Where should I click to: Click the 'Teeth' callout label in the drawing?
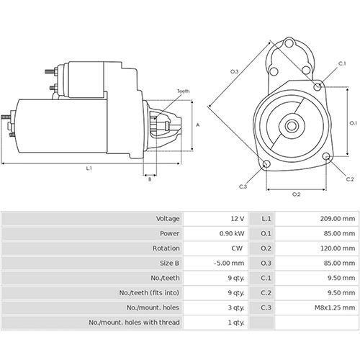[x=184, y=91]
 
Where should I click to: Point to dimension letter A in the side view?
[x=198, y=125]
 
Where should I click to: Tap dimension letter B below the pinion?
[x=150, y=179]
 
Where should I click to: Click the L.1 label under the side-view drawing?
[x=89, y=168]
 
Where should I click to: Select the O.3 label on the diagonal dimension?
[x=235, y=71]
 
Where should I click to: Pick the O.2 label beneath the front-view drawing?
[x=296, y=194]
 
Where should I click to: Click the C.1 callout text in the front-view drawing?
[x=342, y=64]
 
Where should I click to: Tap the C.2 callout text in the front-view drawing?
[x=349, y=179]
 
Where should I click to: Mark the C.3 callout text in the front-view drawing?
[x=243, y=186]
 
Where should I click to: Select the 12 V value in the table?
[x=237, y=218]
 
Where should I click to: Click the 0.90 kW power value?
[x=232, y=233]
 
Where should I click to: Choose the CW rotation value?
[x=237, y=248]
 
